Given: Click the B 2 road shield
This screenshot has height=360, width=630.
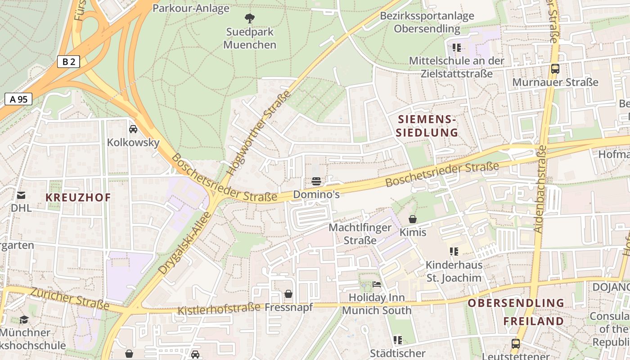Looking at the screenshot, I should [x=68, y=62].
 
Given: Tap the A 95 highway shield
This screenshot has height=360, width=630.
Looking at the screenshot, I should [x=18, y=99].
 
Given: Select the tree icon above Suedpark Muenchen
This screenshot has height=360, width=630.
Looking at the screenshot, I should [x=249, y=18].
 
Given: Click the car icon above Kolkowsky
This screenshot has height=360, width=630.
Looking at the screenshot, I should [x=133, y=129].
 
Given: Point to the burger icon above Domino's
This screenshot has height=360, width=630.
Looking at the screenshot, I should [x=316, y=181].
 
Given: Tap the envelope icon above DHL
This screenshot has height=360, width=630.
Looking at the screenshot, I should [x=21, y=195].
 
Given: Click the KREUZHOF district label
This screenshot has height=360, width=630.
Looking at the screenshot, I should [x=78, y=198].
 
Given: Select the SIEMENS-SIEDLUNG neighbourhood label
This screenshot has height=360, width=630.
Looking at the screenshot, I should [x=427, y=126].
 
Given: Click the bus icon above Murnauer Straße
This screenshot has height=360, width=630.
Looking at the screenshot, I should [x=555, y=69].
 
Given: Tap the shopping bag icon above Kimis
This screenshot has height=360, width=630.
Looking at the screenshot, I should [x=413, y=219].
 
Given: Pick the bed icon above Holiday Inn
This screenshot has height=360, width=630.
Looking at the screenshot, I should [x=377, y=284].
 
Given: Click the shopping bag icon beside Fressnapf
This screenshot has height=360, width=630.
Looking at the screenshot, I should [x=288, y=294].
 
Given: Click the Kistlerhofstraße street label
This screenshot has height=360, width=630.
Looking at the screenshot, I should [x=219, y=309].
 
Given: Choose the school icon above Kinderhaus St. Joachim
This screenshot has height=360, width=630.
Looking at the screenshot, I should [x=454, y=251].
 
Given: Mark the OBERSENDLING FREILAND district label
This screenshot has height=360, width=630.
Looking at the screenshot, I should [x=516, y=312].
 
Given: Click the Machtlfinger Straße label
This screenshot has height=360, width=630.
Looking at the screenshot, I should [x=360, y=234].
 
